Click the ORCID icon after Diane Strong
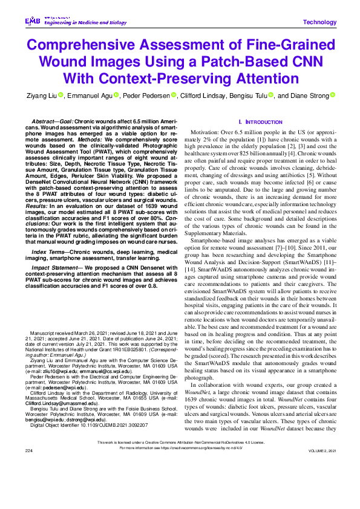[332, 95]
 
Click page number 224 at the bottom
[28, 468]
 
